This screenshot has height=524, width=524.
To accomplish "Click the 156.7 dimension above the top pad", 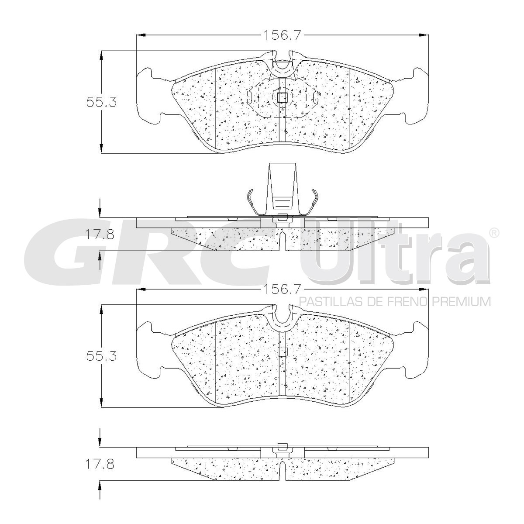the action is pos(282,35).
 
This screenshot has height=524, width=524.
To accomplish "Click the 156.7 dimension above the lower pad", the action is pos(282,290).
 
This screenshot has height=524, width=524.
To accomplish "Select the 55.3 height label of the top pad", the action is pos(101,102).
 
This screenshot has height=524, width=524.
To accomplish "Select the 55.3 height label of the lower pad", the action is pos(101,356).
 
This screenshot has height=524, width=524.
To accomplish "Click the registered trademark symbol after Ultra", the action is pos(494,232).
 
